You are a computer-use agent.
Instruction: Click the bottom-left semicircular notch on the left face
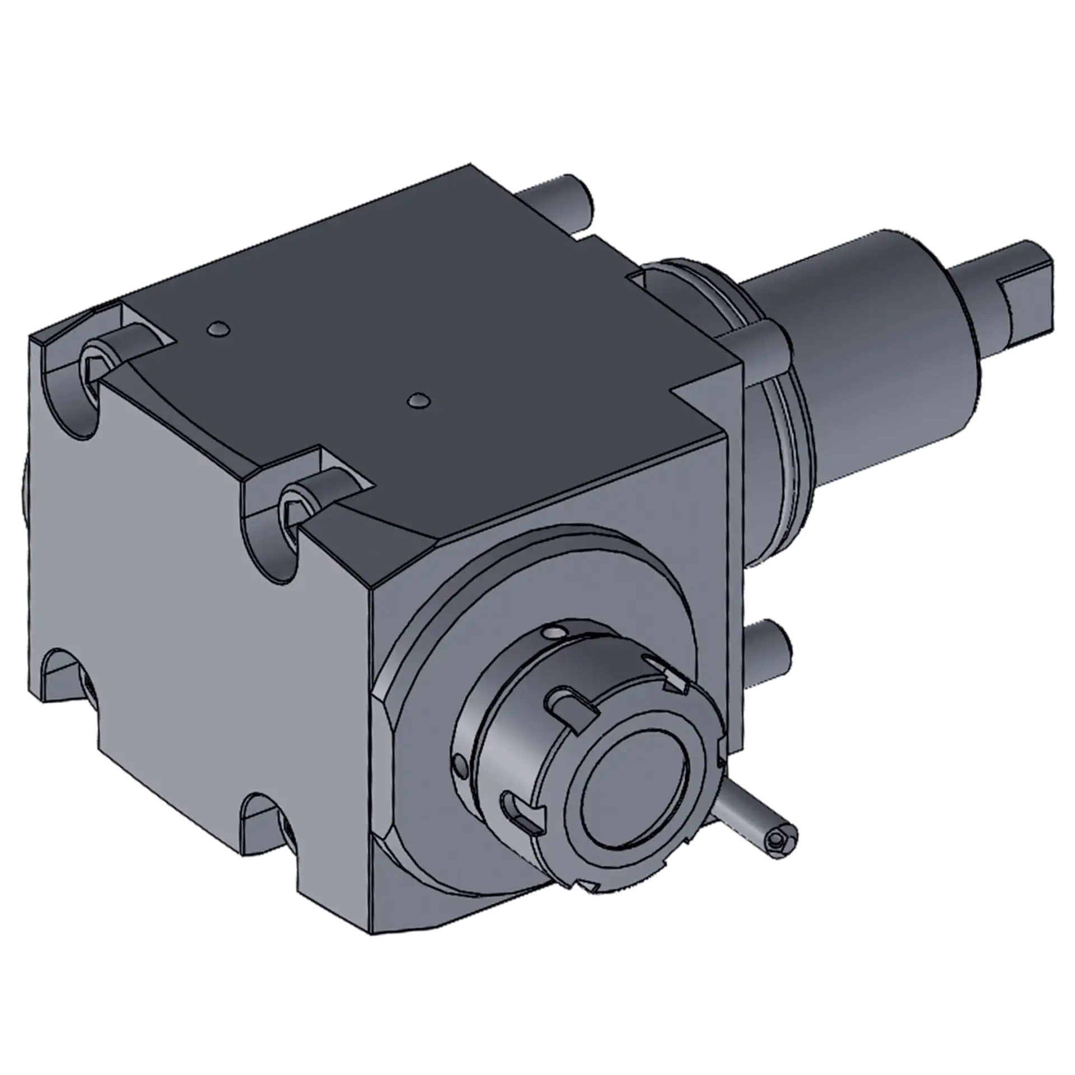[x=64, y=672]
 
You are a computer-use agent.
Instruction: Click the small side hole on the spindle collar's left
[x=460, y=765]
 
